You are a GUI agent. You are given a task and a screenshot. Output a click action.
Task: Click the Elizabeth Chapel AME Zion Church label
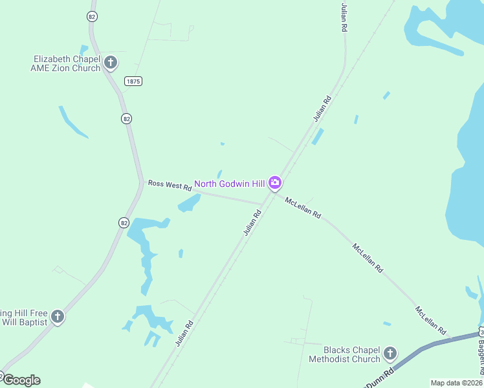point(66,63)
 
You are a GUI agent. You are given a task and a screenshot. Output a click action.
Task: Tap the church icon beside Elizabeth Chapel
point(111,63)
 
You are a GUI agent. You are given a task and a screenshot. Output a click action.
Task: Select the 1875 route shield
point(133,81)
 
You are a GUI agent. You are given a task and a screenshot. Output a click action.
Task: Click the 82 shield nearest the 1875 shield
point(126,118)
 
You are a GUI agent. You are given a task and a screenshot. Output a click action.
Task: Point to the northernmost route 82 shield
point(93,17)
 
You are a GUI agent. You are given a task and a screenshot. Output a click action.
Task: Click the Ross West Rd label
point(170,185)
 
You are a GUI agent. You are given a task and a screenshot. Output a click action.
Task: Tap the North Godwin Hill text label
point(230,184)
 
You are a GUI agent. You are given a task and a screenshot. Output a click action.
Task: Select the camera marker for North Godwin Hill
point(275,184)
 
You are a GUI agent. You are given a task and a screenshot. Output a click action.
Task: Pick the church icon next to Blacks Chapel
point(390,353)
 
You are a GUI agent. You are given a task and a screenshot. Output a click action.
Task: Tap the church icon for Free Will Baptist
point(58,316)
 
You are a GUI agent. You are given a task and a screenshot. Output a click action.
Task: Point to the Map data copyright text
point(456,383)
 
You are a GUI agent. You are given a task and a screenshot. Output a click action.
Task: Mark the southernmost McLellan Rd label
point(431,321)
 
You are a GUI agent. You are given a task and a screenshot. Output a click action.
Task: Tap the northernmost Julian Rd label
point(344,17)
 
